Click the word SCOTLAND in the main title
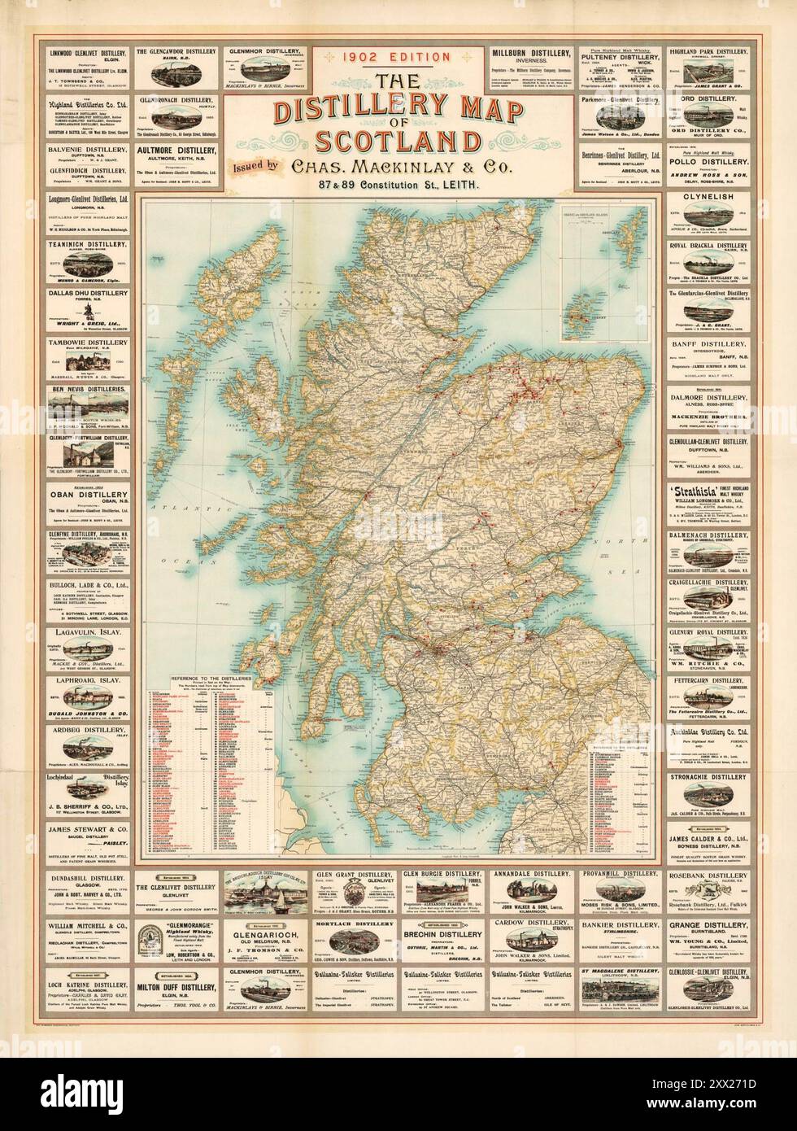click(x=398, y=141)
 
